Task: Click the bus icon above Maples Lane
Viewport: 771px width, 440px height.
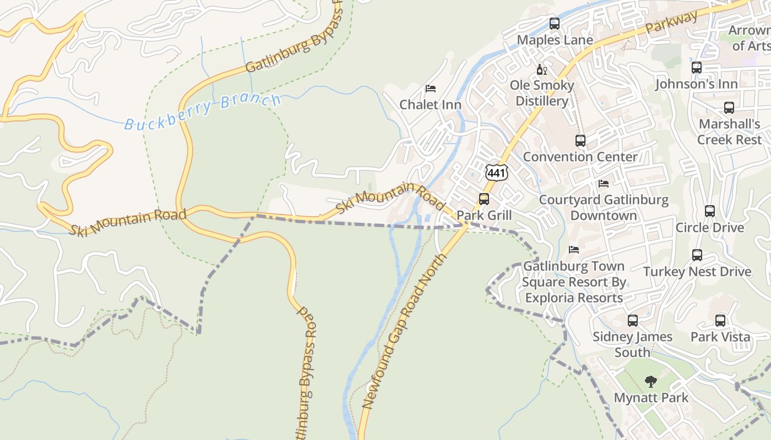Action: point(555,24)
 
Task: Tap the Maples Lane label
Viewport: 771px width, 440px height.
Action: point(555,40)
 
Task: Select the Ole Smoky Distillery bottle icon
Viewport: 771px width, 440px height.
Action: point(542,69)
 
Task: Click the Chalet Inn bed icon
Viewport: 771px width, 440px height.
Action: point(431,89)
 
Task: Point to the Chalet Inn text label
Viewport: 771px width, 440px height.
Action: point(430,105)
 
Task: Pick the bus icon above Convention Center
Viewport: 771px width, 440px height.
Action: point(580,140)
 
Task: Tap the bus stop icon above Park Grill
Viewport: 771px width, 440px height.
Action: point(484,199)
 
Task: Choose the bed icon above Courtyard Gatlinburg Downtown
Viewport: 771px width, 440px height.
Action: point(604,184)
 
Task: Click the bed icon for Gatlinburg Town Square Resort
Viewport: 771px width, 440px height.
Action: point(574,250)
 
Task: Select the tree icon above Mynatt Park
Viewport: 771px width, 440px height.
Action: point(651,381)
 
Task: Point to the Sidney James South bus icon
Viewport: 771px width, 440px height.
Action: point(632,320)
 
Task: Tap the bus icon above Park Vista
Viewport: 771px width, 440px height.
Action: point(720,321)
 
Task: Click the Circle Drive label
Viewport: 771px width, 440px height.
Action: point(709,228)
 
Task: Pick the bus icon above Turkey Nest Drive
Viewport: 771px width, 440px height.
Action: point(697,255)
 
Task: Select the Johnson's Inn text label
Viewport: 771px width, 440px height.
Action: point(696,84)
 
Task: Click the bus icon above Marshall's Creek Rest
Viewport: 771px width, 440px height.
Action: point(729,108)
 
